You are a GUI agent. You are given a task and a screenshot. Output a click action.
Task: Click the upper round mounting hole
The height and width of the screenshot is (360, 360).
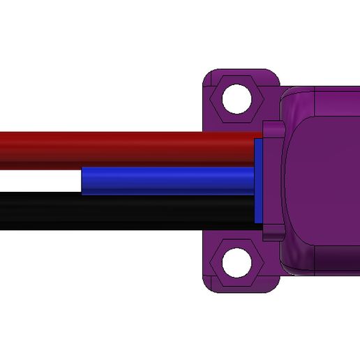(236, 98)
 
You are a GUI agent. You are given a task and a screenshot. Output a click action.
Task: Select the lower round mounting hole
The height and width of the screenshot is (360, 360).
(236, 262)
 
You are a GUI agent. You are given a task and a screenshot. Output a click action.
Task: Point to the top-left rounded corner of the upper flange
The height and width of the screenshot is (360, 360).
(207, 75)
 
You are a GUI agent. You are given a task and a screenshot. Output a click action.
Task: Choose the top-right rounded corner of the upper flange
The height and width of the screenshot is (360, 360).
(274, 75)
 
